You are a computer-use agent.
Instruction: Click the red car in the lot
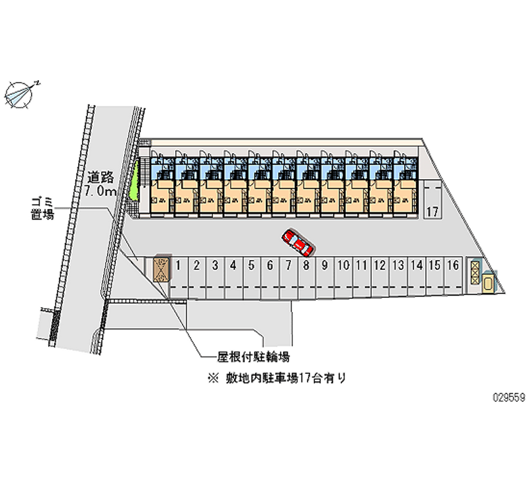point(298,243)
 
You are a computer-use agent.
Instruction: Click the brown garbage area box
point(161,269)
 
